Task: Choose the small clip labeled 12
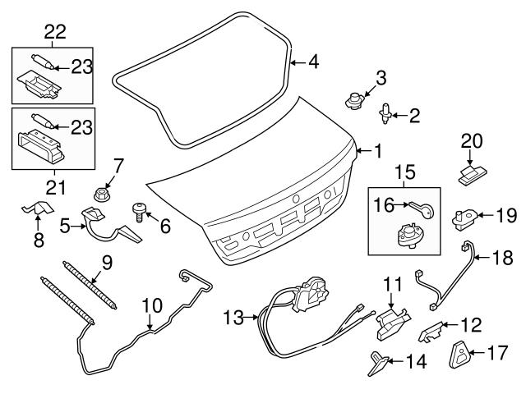(431, 332)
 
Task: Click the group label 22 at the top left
(55, 31)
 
